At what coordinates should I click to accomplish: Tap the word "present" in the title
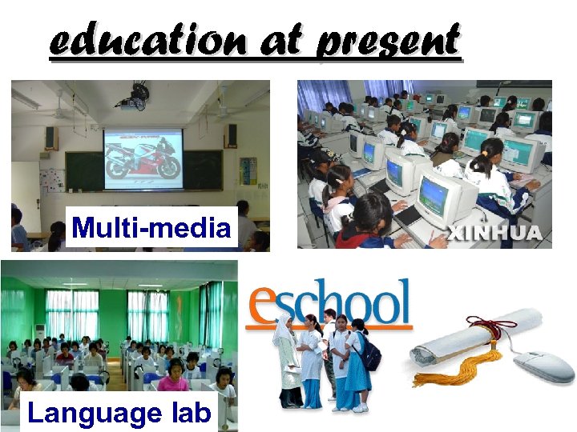pos(389,42)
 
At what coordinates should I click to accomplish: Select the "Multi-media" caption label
pos(151,229)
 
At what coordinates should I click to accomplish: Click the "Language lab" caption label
pos(119,413)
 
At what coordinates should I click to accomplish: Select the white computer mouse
pos(544,367)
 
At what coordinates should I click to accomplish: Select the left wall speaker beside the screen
pos(50,137)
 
